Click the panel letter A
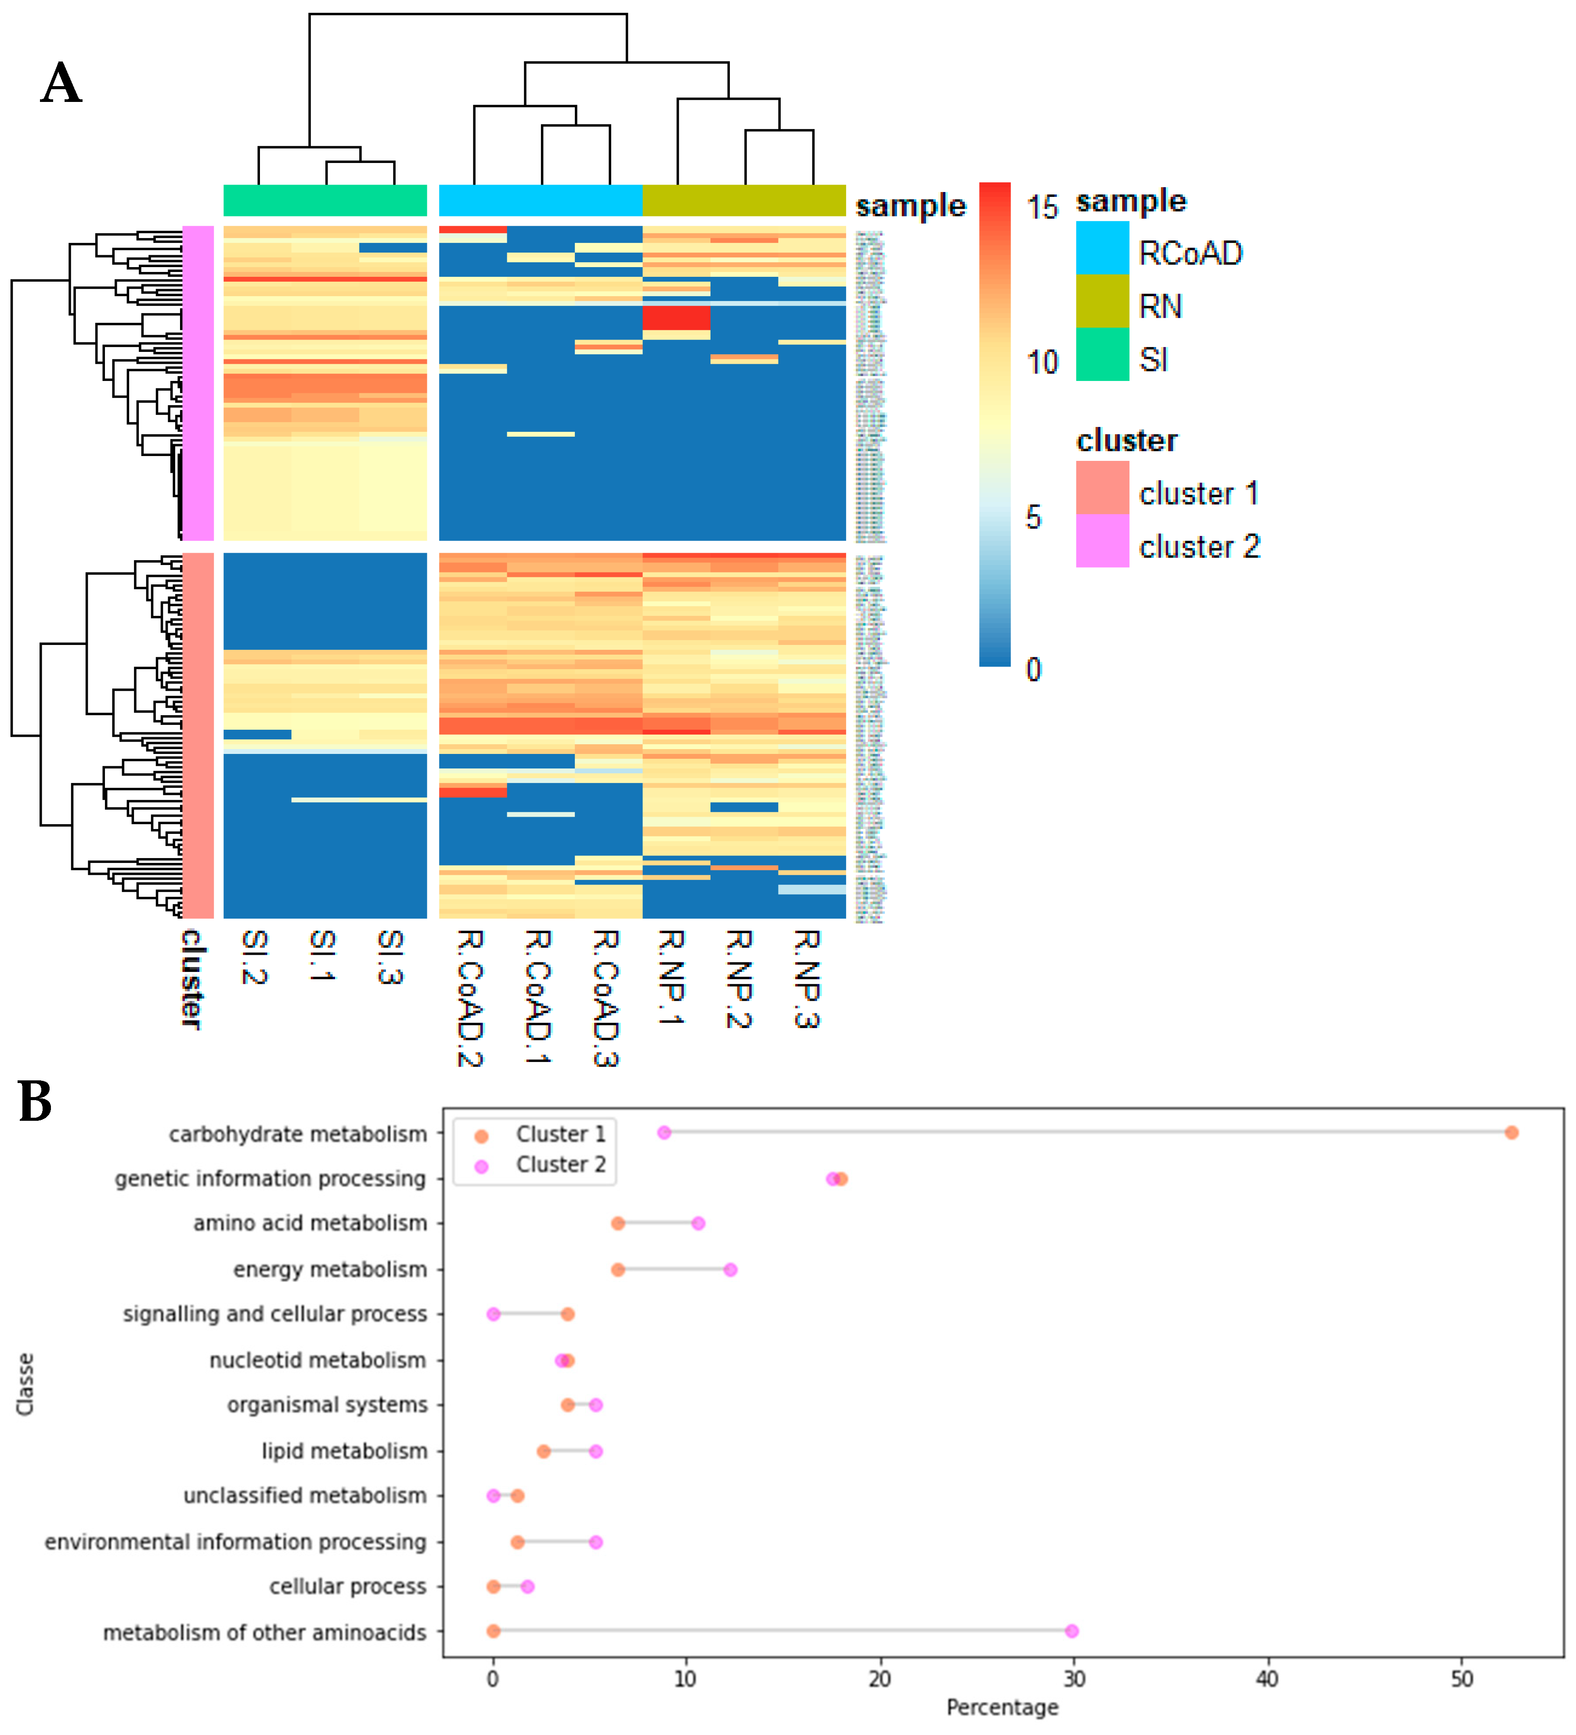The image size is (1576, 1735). click(x=61, y=83)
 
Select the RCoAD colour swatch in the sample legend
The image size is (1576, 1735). click(x=1102, y=248)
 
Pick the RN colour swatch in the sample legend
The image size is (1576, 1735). click(x=1102, y=301)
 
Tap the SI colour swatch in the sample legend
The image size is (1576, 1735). click(x=1102, y=355)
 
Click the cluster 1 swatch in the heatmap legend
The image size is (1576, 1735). click(x=1102, y=488)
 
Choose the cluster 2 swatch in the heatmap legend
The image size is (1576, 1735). click(x=1102, y=541)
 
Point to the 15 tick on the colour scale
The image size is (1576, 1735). click(x=1042, y=207)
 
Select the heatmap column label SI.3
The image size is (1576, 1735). click(x=390, y=957)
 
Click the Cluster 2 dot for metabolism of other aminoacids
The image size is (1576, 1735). click(x=1071, y=1631)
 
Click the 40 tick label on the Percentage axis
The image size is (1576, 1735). click(x=1267, y=1679)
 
